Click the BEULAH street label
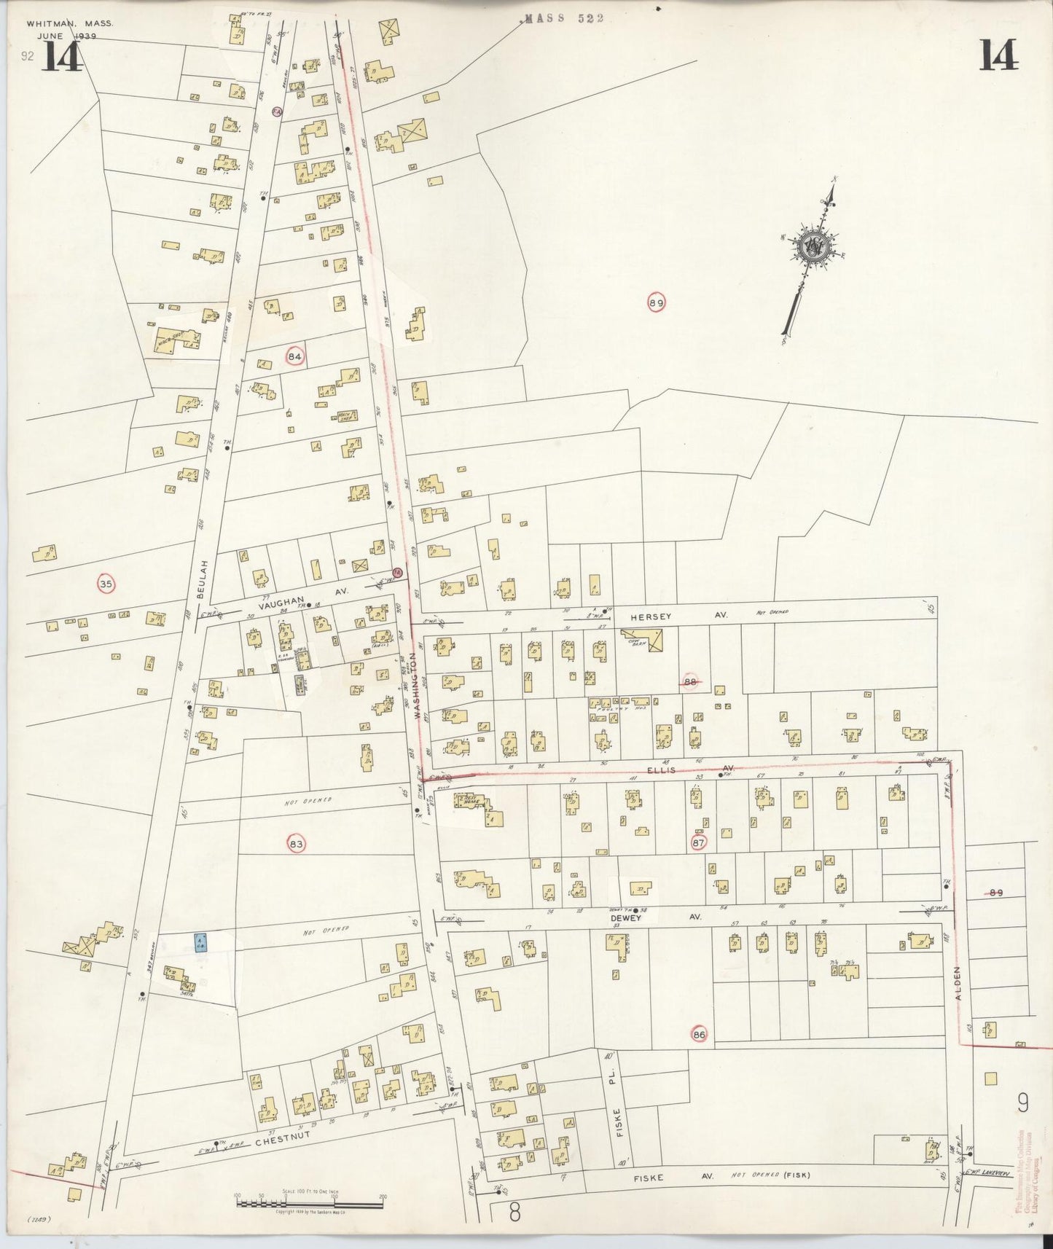click(204, 579)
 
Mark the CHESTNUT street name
click(283, 1138)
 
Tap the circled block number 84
click(295, 356)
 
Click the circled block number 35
click(106, 583)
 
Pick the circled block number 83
click(296, 844)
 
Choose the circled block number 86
click(700, 1034)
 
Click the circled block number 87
click(698, 843)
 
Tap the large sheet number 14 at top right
click(998, 55)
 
